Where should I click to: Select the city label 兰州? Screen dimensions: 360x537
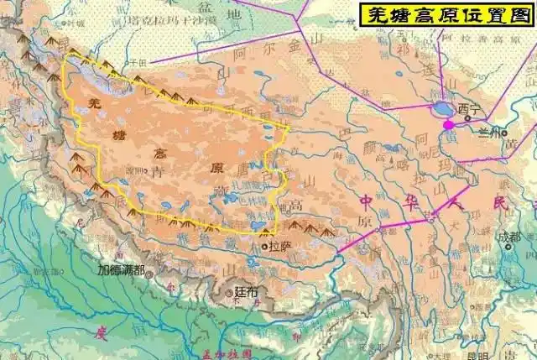(x=489, y=132)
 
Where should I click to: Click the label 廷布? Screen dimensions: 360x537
(x=245, y=292)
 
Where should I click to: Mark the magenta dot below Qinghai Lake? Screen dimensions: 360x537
(x=448, y=124)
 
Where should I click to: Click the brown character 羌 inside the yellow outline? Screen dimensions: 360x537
(x=94, y=102)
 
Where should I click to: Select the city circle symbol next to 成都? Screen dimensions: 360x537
(x=498, y=237)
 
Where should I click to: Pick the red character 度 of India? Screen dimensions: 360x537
(x=102, y=334)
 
